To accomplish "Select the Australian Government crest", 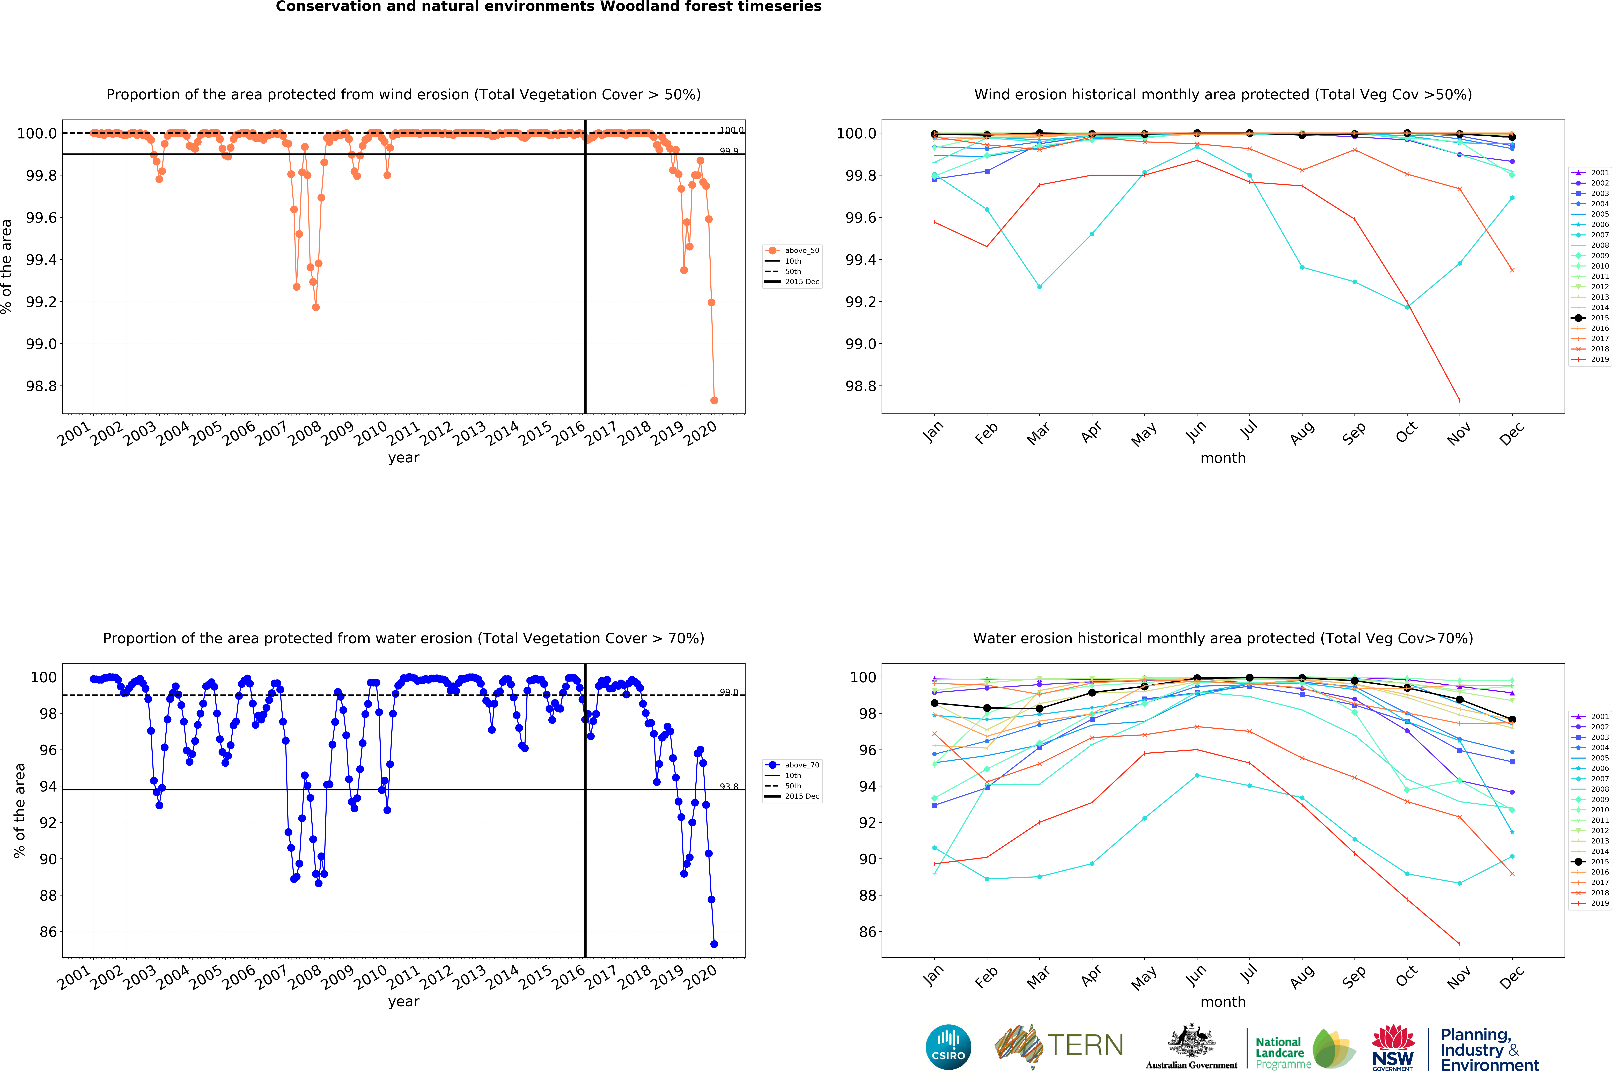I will point(1191,1040).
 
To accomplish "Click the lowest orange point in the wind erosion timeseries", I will point(714,400).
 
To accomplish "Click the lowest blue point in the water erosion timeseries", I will point(714,944).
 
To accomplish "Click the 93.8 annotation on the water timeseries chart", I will point(728,787).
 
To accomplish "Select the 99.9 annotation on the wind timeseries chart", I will point(728,151).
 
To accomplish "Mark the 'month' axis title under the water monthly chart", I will point(1223,1002).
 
